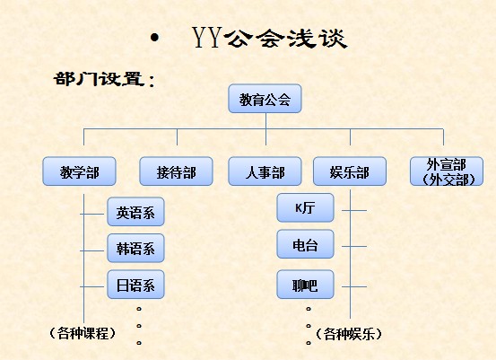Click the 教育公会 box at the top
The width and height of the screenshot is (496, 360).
[265, 99]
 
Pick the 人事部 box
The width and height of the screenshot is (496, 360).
[265, 171]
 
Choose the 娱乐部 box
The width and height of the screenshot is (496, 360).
[349, 171]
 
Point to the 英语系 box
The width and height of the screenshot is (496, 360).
[135, 213]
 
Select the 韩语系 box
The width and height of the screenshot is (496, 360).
[135, 249]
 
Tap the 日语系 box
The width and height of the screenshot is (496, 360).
[135, 285]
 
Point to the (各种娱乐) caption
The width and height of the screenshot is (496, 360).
[350, 333]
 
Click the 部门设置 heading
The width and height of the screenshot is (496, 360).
[104, 79]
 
